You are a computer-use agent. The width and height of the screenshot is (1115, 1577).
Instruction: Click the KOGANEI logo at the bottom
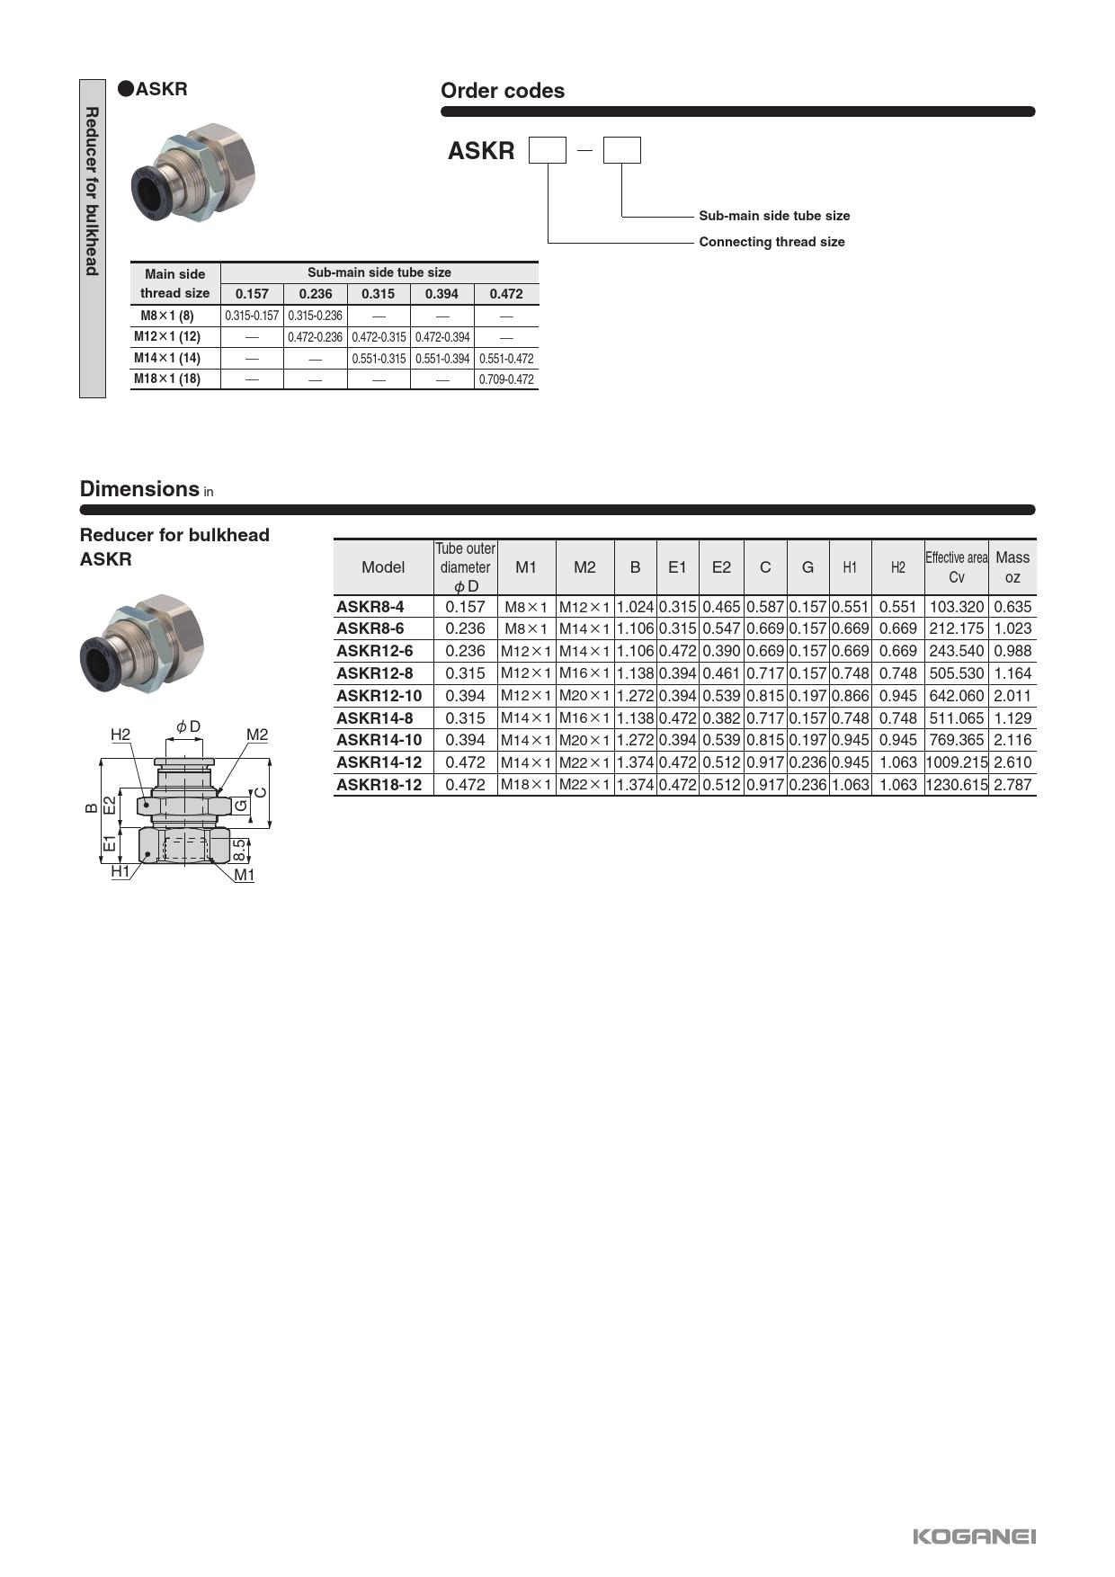974,1536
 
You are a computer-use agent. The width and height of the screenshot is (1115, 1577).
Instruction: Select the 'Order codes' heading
502,91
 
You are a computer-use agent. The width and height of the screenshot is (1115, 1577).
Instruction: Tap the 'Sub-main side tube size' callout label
773,216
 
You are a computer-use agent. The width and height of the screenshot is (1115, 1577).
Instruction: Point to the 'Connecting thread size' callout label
772,242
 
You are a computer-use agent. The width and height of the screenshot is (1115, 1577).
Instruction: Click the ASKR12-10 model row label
379,696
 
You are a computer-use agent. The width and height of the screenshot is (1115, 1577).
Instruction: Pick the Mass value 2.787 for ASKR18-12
1012,785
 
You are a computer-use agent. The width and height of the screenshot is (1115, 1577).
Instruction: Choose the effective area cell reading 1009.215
956,762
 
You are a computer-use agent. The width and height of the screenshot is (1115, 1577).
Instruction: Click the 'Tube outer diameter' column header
465,567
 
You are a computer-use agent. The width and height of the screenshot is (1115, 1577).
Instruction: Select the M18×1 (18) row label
167,379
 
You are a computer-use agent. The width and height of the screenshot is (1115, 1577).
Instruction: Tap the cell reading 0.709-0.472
506,379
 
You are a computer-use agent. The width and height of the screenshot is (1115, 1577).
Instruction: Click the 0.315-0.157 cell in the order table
252,316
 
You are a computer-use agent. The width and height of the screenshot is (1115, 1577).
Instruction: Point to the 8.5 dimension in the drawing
239,849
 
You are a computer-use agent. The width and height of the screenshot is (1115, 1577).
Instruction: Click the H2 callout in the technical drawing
120,735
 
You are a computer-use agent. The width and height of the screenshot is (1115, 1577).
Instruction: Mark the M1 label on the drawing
244,875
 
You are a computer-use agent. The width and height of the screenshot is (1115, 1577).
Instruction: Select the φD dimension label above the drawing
188,726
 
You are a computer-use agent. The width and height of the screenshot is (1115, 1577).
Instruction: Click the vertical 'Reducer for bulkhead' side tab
92,192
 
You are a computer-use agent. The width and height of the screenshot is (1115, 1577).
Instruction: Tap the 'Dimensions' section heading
139,489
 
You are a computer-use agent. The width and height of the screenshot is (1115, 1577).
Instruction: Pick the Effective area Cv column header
956,567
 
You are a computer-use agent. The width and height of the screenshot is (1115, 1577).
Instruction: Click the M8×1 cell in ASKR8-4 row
526,607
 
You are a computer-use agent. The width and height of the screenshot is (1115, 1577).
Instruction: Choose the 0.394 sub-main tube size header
442,294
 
